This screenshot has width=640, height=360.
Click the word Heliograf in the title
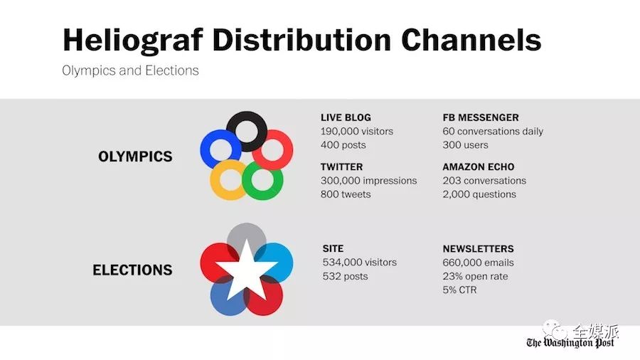(133, 41)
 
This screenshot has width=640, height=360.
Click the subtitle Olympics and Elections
(130, 70)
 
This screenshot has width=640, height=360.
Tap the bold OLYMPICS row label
(135, 157)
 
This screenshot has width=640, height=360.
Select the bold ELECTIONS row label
(133, 270)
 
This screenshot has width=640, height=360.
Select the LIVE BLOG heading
(346, 117)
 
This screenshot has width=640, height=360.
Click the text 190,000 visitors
(357, 132)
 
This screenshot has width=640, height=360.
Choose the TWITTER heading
(341, 167)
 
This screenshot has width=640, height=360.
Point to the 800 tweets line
(346, 194)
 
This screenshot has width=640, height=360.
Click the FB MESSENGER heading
(481, 117)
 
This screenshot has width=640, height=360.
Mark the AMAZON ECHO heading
(479, 167)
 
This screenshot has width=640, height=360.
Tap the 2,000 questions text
(479, 194)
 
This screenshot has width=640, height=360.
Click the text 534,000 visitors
(360, 263)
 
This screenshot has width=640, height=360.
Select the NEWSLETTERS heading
(479, 249)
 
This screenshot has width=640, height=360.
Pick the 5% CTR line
(459, 290)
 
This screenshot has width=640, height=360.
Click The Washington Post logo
(570, 342)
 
